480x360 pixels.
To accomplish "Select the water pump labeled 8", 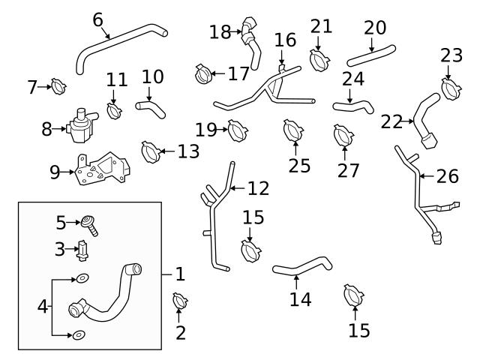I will point(79,124).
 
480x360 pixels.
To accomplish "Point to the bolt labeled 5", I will point(91,223).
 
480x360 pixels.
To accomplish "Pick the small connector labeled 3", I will point(85,249).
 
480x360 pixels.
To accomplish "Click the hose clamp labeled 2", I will point(180,302).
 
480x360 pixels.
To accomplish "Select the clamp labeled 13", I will point(150,151).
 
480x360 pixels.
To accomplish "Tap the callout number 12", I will point(258,187).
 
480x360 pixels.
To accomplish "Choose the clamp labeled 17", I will point(201,73).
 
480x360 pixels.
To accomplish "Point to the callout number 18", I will point(220,31).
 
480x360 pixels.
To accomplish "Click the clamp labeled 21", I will point(320,58).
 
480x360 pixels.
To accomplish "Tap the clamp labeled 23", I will point(451,88).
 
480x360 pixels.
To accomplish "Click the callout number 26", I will point(447,176).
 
